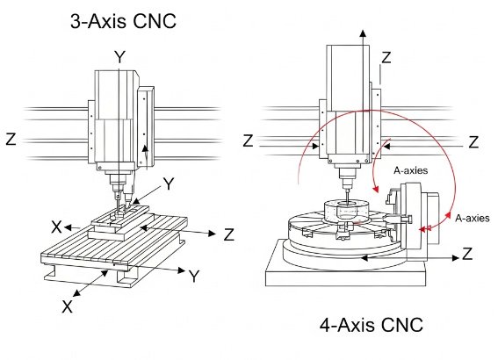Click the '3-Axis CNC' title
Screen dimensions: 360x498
tap(123, 22)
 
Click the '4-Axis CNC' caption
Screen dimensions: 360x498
tap(371, 326)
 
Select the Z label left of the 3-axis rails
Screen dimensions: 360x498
tap(11, 139)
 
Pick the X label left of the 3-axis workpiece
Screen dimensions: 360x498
tap(56, 226)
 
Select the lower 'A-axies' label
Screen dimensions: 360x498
tap(472, 216)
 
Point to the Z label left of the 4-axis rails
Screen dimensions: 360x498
tap(249, 140)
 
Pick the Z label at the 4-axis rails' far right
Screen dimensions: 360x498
tap(473, 140)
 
